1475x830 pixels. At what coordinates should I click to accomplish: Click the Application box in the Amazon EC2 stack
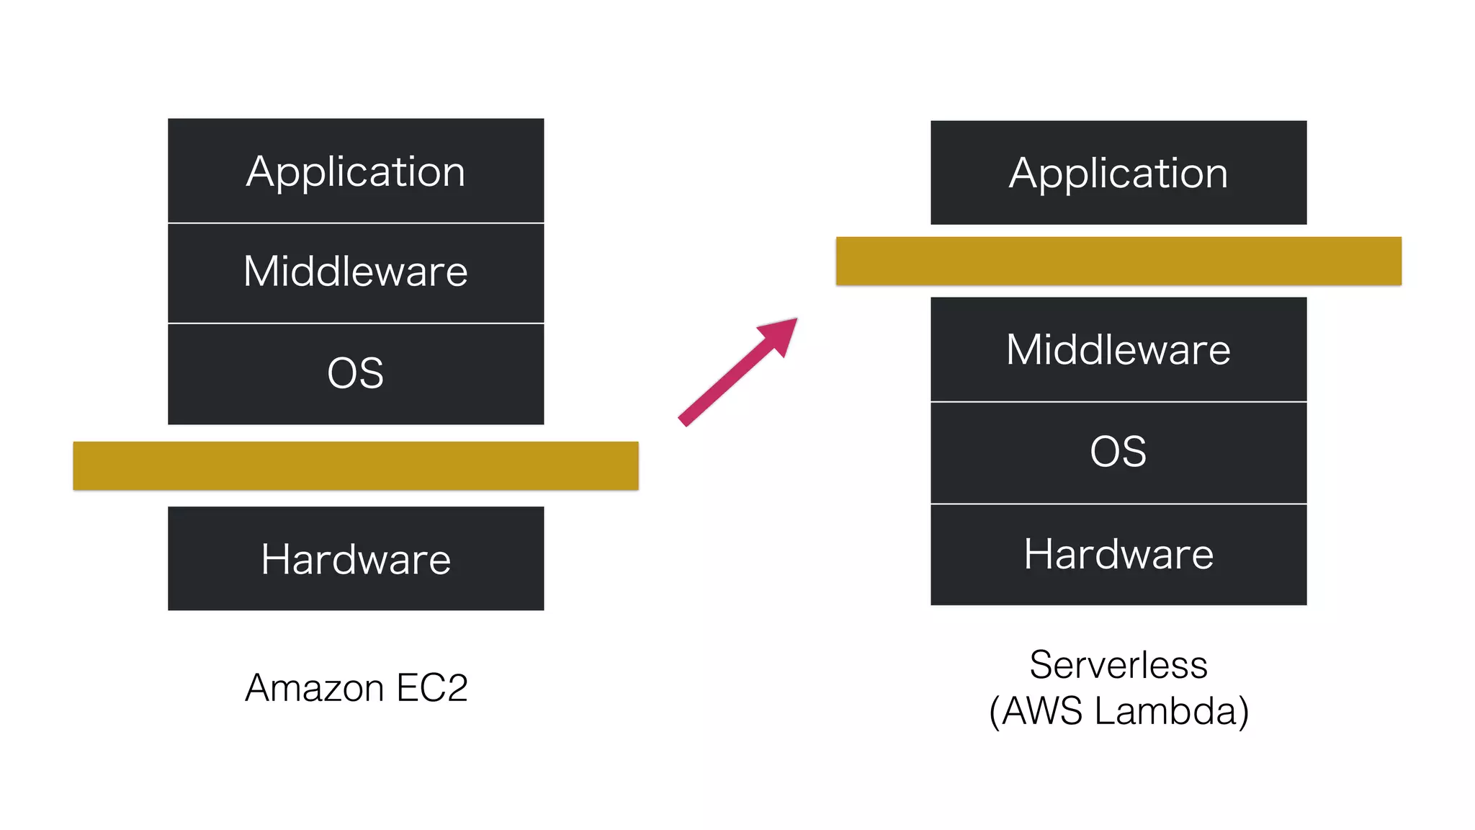(x=356, y=171)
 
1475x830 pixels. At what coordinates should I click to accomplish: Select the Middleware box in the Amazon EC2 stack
(x=356, y=272)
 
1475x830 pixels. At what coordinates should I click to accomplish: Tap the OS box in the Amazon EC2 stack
(x=356, y=373)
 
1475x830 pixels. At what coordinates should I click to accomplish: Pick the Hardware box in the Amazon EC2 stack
(x=356, y=558)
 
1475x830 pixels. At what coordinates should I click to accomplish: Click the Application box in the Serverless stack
(x=1118, y=173)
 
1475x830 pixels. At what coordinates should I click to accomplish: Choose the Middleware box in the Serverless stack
(x=1118, y=349)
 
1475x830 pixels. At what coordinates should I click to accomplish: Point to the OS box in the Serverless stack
(x=1118, y=452)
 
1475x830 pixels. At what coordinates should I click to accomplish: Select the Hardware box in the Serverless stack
(x=1118, y=554)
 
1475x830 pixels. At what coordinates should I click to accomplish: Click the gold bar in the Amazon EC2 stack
(x=356, y=465)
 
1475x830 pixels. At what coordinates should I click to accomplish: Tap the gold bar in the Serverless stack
(x=1118, y=261)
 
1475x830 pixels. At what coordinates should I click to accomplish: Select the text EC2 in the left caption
(x=432, y=688)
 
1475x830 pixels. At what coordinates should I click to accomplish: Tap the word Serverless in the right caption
(x=1118, y=664)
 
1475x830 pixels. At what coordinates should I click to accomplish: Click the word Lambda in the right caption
(x=1171, y=711)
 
